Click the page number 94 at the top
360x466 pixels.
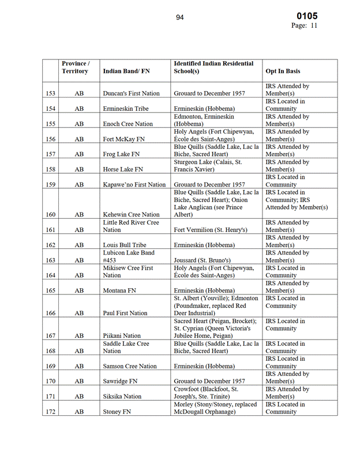point(180,17)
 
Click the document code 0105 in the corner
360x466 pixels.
point(307,16)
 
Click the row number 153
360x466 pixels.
point(51,94)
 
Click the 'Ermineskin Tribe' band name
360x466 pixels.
point(125,109)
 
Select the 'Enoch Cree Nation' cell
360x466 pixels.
point(127,124)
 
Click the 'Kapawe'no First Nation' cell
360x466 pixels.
point(134,185)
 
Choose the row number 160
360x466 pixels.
point(51,215)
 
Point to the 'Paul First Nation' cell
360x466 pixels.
point(125,313)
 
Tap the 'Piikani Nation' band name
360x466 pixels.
point(122,335)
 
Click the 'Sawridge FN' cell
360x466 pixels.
point(120,381)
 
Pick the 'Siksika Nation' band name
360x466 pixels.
point(122,397)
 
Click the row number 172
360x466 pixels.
point(51,412)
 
